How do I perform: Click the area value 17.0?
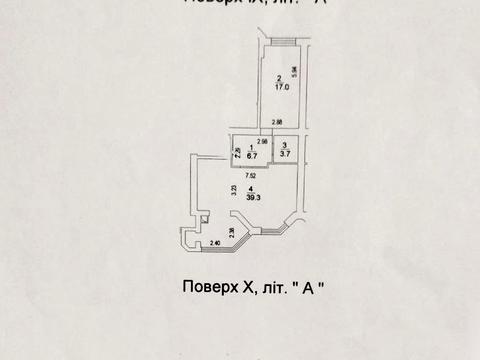[282, 87]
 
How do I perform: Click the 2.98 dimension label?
[263, 141]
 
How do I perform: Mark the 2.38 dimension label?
[233, 233]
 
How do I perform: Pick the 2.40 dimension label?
[216, 243]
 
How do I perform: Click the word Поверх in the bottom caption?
[211, 287]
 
